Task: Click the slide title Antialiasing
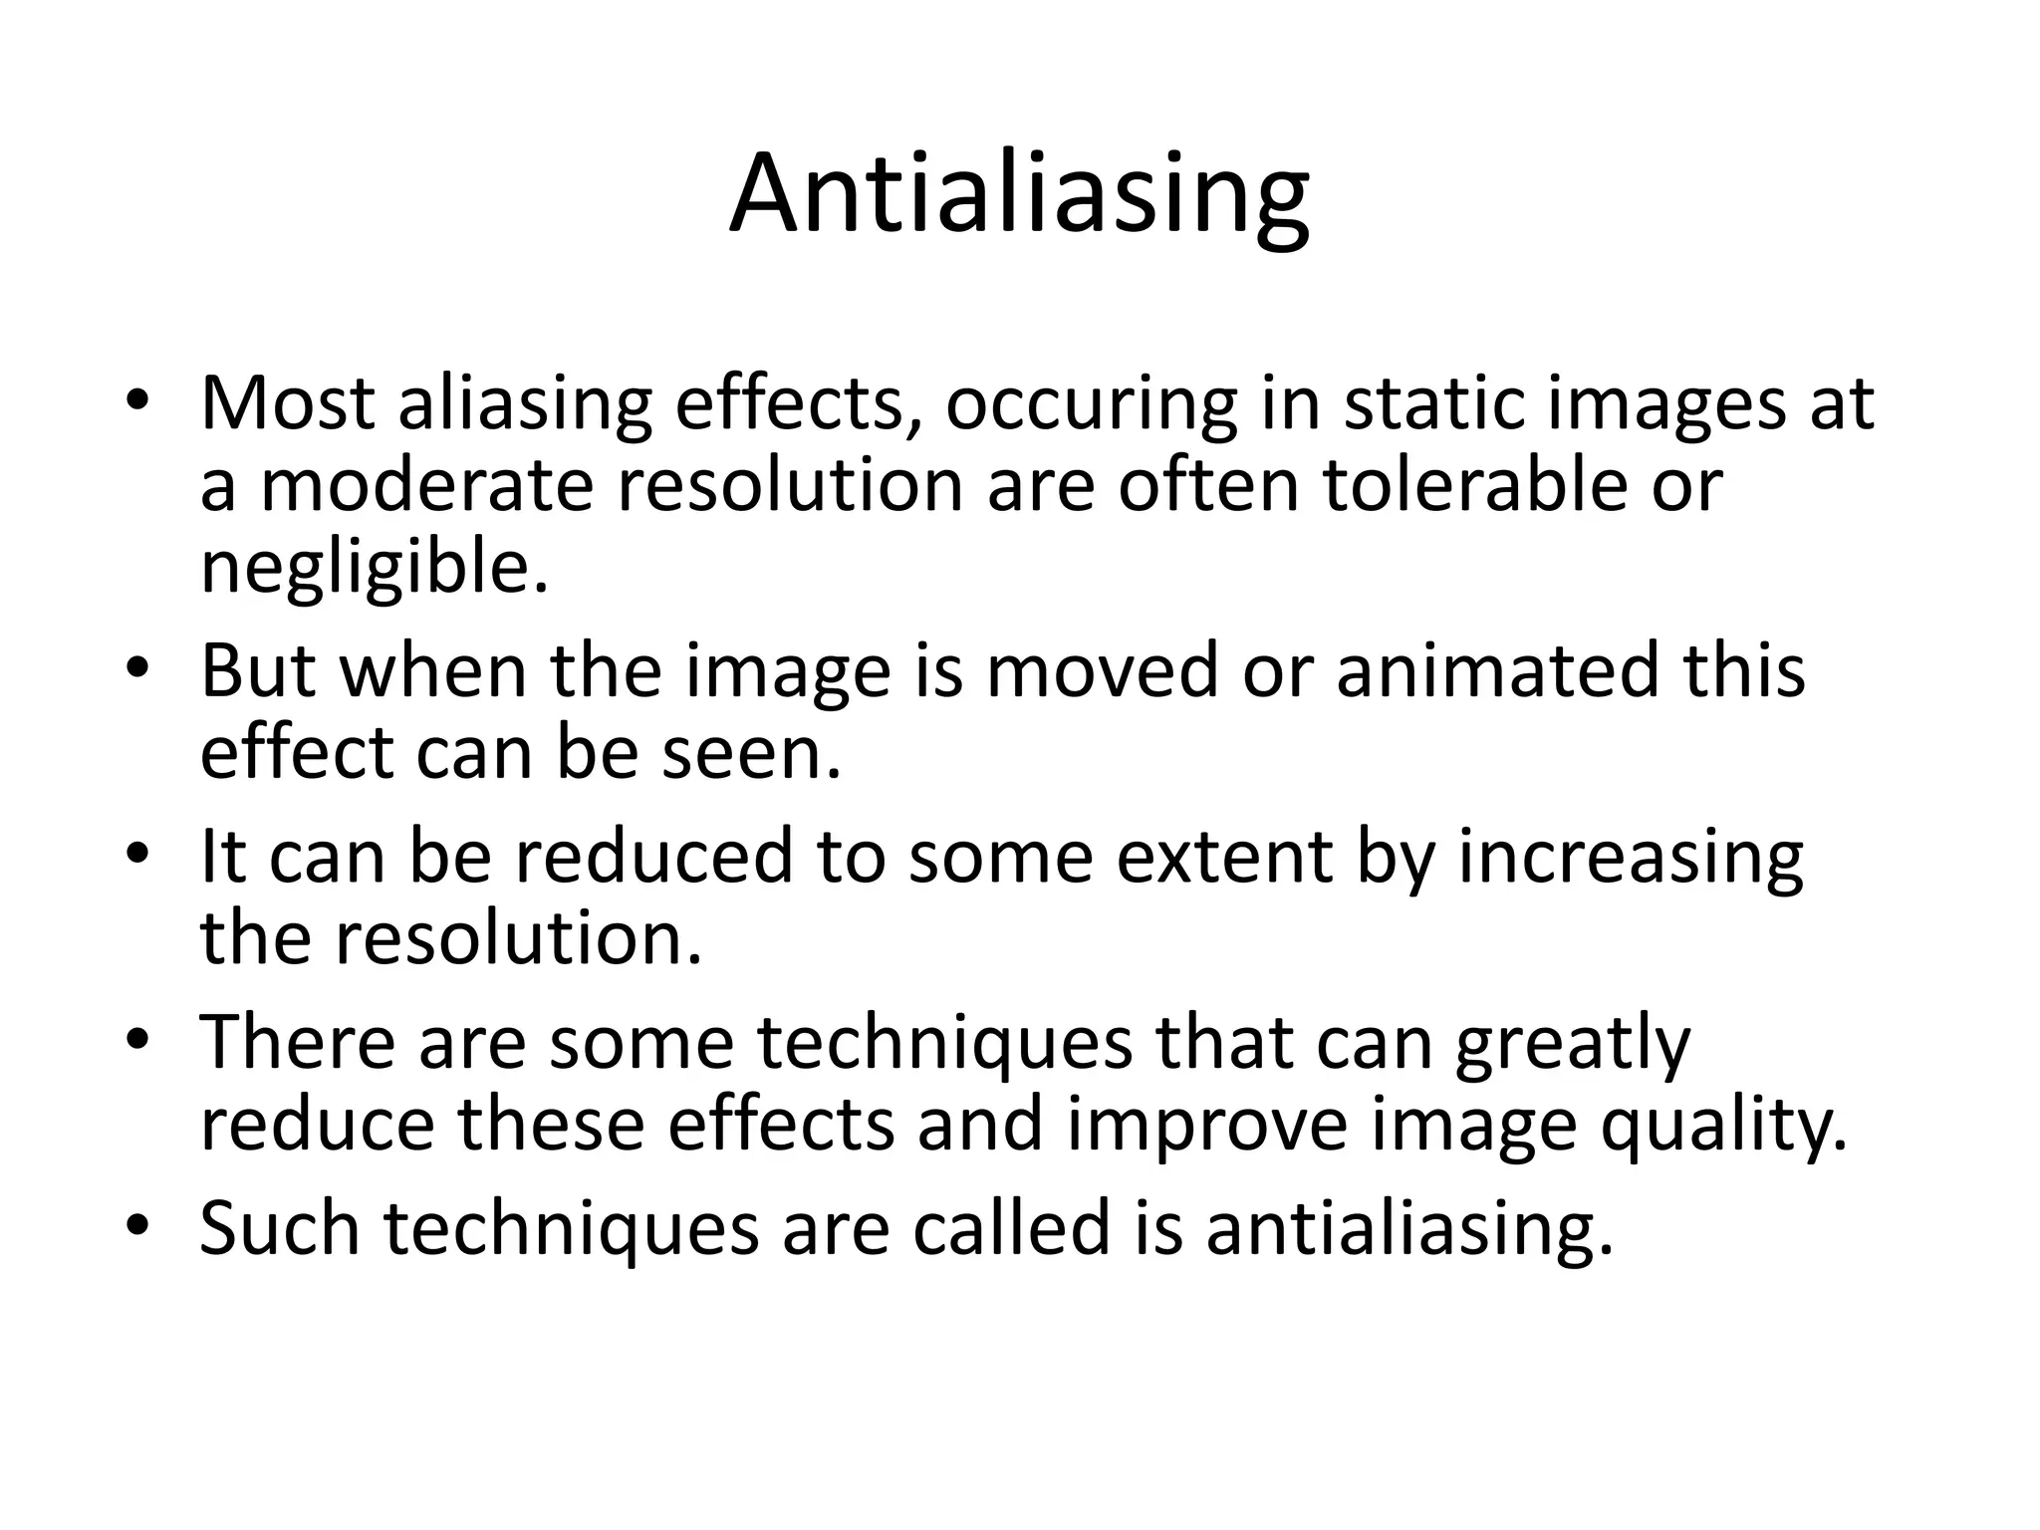[1019, 195]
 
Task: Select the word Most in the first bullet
[287, 403]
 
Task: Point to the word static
[1434, 403]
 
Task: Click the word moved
[1102, 670]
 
